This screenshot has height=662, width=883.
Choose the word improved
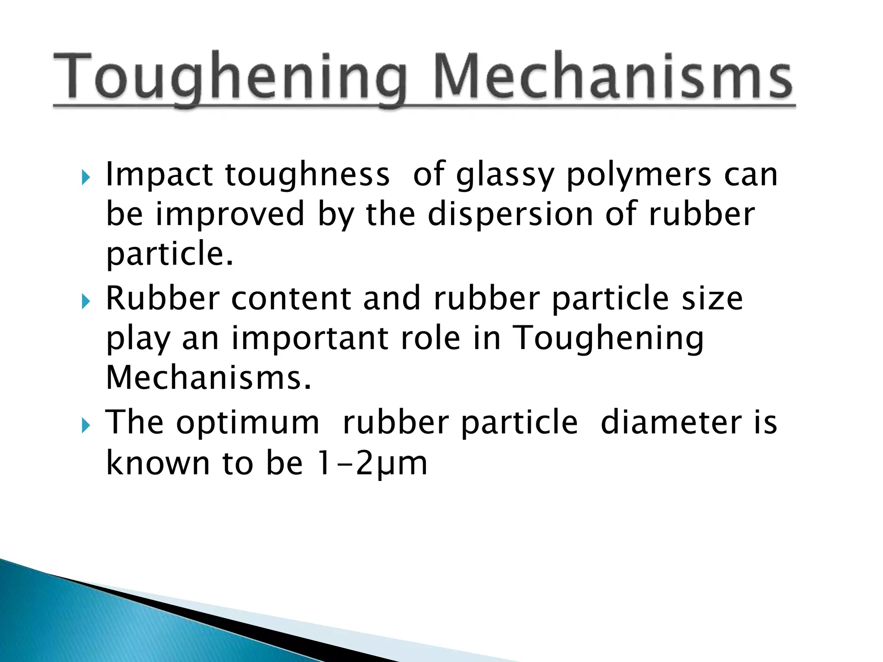pos(230,215)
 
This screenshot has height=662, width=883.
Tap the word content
pos(291,298)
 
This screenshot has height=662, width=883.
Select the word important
pos(310,338)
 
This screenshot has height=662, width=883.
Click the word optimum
pos(248,422)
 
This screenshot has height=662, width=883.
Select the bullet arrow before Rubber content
pos(86,301)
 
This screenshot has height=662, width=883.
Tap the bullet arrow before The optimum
pos(86,425)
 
